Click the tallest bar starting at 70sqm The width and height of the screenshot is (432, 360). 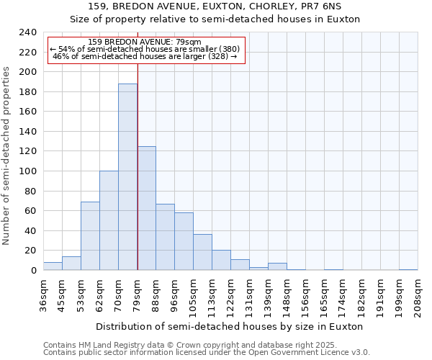pyautogui.click(x=127, y=177)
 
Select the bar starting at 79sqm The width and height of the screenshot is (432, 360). pyautogui.click(x=146, y=208)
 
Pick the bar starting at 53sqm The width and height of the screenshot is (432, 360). pyautogui.click(x=90, y=236)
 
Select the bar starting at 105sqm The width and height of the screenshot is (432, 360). pyautogui.click(x=202, y=252)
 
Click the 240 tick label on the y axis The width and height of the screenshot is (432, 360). pyautogui.click(x=27, y=32)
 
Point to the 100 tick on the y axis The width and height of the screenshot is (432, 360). pyautogui.click(x=27, y=171)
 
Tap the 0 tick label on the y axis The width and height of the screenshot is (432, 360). pyautogui.click(x=33, y=271)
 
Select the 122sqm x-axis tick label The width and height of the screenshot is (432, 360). pyautogui.click(x=230, y=295)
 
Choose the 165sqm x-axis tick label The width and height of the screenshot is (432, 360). pyautogui.click(x=324, y=295)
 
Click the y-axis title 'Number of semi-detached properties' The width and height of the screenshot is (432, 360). pyautogui.click(x=7, y=156)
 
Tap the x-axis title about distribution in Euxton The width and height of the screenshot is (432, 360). pyautogui.click(x=230, y=326)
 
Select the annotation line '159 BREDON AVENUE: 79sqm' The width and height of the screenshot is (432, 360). pyautogui.click(x=147, y=42)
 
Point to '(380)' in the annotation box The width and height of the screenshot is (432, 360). pyautogui.click(x=225, y=49)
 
